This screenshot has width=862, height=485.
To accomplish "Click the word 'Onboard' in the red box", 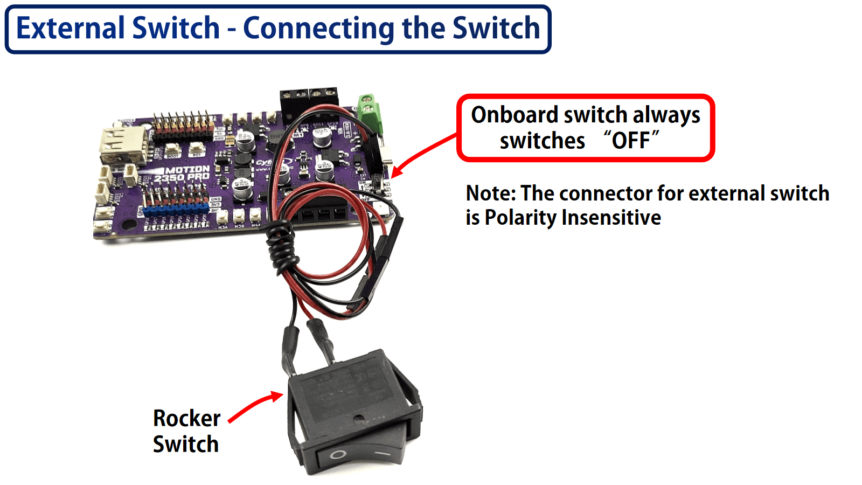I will (x=514, y=115).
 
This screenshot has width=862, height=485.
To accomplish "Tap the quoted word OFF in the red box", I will (x=630, y=141).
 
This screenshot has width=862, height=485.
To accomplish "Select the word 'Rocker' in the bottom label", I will (x=186, y=418).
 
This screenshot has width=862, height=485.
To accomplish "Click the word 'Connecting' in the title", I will (x=318, y=28).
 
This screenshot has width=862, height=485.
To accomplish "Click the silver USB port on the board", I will (x=123, y=145).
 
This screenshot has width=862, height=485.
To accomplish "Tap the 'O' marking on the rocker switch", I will (x=338, y=454).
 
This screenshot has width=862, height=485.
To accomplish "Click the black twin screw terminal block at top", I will (x=309, y=102).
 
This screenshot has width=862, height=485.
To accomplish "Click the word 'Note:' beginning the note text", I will (x=491, y=193).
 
